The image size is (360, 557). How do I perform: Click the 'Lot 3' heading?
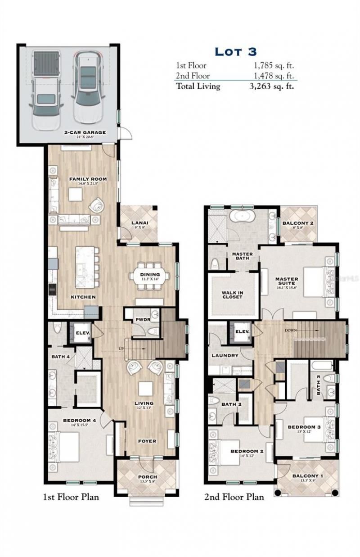pyautogui.click(x=235, y=51)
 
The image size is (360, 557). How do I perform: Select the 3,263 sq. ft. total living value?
pyautogui.click(x=271, y=86)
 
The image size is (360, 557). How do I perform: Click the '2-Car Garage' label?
pyautogui.click(x=85, y=132)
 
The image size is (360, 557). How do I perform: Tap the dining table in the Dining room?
pyautogui.click(x=150, y=276)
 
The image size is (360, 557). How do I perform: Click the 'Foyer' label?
pyautogui.click(x=147, y=441)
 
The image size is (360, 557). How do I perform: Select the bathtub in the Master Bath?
pyautogui.click(x=243, y=217)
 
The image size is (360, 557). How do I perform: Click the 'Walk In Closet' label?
pyautogui.click(x=232, y=294)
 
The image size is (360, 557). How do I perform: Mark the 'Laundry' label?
pyautogui.click(x=225, y=356)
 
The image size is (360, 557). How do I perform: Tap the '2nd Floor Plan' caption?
pyautogui.click(x=234, y=498)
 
